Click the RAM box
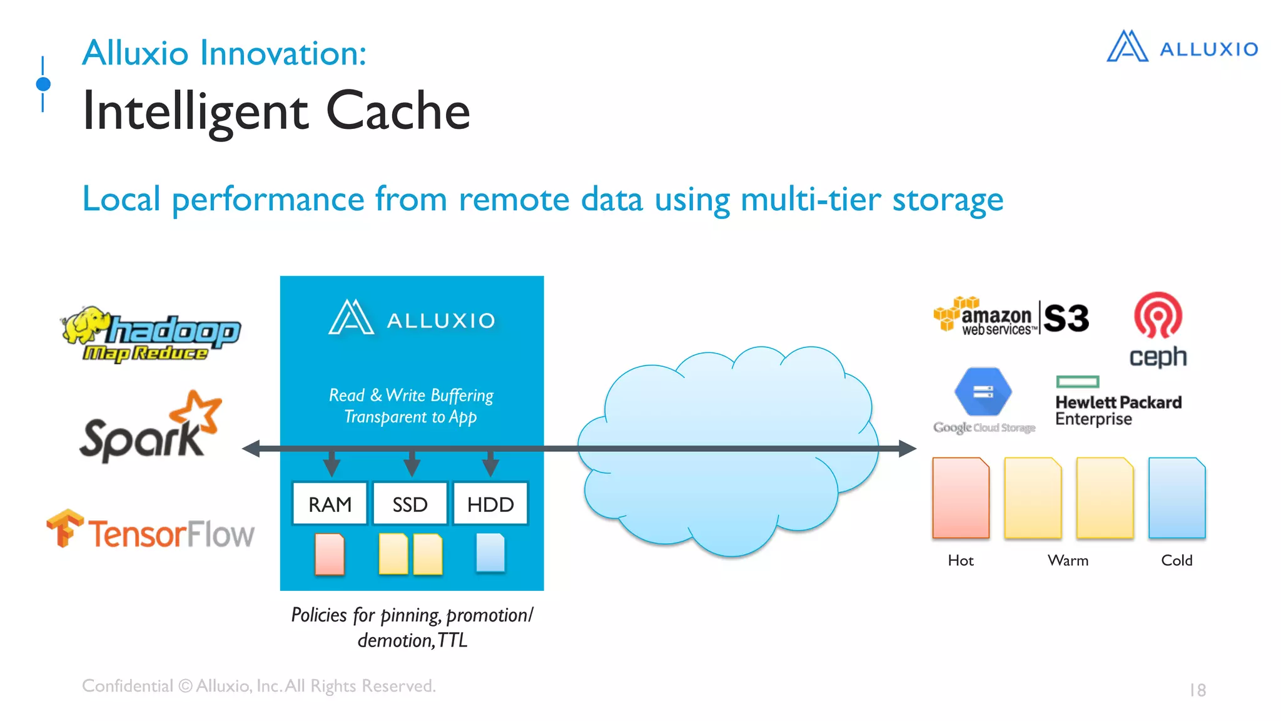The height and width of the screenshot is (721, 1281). (330, 504)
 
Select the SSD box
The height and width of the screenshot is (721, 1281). (410, 504)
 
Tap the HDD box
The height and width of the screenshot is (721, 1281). (490, 504)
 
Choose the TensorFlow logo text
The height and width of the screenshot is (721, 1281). (170, 534)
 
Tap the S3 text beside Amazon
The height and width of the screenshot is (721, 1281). (1066, 319)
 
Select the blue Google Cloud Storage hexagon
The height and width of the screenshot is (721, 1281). (983, 392)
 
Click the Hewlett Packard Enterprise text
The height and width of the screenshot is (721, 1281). (1118, 410)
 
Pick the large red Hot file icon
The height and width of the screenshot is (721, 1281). (961, 498)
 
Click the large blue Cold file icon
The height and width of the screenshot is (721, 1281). (1177, 498)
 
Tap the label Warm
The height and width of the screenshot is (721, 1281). (1068, 560)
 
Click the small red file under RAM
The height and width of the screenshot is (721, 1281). (330, 554)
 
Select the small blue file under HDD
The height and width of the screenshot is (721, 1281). (490, 553)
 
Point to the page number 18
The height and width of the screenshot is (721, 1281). (1197, 690)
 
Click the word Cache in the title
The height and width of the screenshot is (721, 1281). (398, 111)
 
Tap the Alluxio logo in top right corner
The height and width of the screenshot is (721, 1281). (1182, 48)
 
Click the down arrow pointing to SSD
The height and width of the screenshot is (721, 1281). (412, 466)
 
